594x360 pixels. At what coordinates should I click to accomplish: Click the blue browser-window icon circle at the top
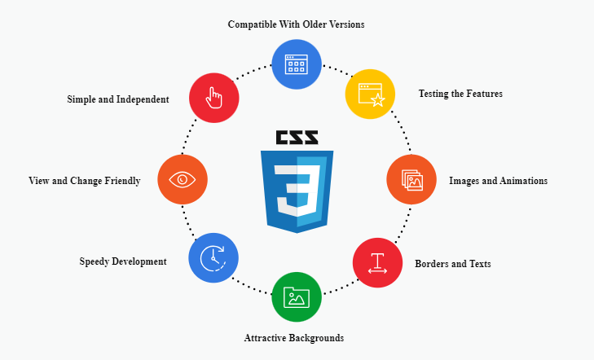[x=296, y=64]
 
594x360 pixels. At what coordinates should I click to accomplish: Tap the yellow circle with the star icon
[x=370, y=94]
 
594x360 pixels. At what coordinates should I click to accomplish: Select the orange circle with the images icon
[x=411, y=179]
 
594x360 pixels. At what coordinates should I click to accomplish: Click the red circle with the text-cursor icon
[x=377, y=263]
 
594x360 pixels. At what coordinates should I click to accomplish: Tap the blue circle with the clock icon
[x=213, y=257]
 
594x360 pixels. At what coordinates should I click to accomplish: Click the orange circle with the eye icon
[x=183, y=179]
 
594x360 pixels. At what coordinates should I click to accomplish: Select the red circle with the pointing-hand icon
[x=213, y=98]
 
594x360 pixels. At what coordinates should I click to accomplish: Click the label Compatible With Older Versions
[x=296, y=24]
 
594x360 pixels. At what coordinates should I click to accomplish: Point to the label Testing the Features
[x=460, y=94]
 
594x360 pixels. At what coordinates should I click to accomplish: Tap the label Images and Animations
[x=498, y=181]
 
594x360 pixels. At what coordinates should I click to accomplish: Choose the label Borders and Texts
[x=452, y=264]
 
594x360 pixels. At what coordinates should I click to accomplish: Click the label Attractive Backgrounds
[x=294, y=337]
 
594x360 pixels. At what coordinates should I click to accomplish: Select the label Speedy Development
[x=123, y=261]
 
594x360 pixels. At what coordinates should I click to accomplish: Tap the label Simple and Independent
[x=118, y=99]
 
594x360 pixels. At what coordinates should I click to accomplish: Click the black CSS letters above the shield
[x=297, y=138]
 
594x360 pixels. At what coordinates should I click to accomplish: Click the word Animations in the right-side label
[x=522, y=181]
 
